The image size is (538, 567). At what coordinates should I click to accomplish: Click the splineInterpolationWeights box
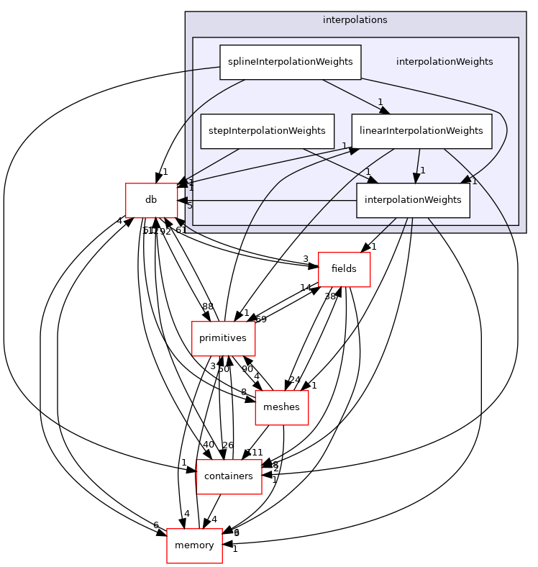click(x=290, y=62)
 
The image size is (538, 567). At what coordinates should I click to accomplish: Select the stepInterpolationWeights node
click(x=267, y=131)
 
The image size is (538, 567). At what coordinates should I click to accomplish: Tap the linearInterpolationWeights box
click(x=421, y=131)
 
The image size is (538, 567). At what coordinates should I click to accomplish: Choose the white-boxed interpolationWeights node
click(x=413, y=200)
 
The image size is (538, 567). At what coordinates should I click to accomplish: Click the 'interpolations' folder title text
click(x=355, y=20)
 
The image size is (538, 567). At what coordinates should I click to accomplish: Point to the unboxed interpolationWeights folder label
click(x=444, y=62)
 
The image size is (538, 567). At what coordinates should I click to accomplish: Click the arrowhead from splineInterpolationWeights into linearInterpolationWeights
click(x=384, y=110)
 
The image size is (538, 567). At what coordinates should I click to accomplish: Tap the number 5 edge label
click(x=190, y=206)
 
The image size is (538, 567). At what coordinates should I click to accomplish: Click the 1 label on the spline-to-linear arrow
click(x=380, y=101)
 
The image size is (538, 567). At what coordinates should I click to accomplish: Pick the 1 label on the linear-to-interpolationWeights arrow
click(x=423, y=171)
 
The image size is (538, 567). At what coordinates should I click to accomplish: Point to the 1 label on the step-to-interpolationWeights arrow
click(x=368, y=171)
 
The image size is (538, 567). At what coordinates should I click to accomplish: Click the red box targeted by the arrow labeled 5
click(x=152, y=200)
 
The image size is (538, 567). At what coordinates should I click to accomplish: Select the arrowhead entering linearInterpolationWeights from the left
click(x=354, y=149)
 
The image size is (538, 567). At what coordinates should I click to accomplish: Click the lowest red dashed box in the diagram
click(x=194, y=546)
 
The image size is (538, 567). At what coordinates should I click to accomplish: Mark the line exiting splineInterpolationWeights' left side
click(x=203, y=70)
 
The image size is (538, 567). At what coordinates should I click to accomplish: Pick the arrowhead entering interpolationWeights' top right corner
click(x=466, y=180)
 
